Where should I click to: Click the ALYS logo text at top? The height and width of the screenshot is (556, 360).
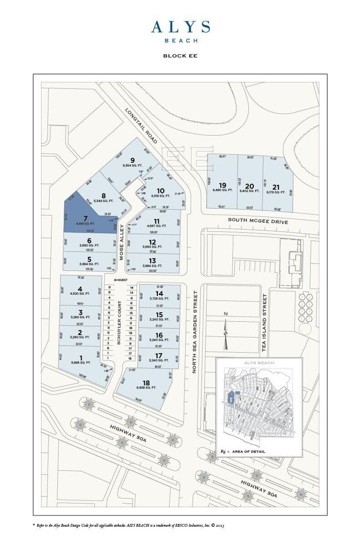tap(180, 27)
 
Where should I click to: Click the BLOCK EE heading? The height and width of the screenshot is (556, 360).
tap(180, 56)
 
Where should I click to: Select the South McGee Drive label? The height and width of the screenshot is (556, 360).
tap(258, 222)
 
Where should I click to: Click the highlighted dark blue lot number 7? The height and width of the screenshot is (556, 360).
tap(85, 218)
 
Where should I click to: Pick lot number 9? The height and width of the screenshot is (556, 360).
tap(132, 160)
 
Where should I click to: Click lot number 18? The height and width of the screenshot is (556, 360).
tap(146, 382)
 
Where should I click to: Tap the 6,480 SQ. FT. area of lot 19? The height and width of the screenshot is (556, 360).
tap(223, 191)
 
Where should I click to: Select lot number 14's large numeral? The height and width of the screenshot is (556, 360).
tap(159, 294)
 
